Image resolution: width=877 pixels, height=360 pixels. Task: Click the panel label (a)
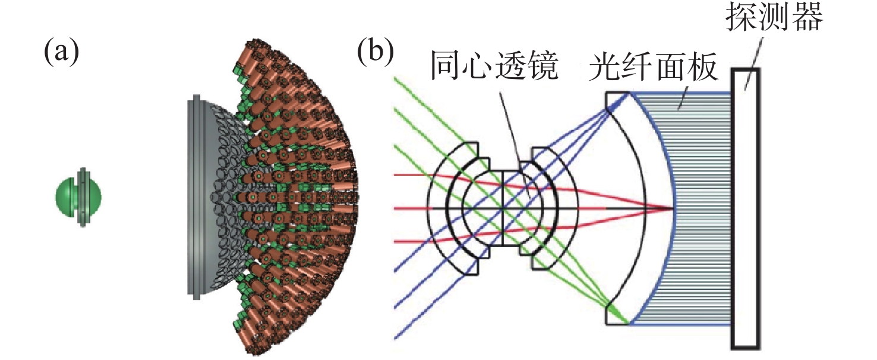click(x=61, y=53)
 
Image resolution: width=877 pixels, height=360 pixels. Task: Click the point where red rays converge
click(x=672, y=208)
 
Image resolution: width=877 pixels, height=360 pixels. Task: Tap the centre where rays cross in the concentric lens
click(x=503, y=208)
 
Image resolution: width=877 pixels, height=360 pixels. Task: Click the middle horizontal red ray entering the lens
click(x=416, y=208)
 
